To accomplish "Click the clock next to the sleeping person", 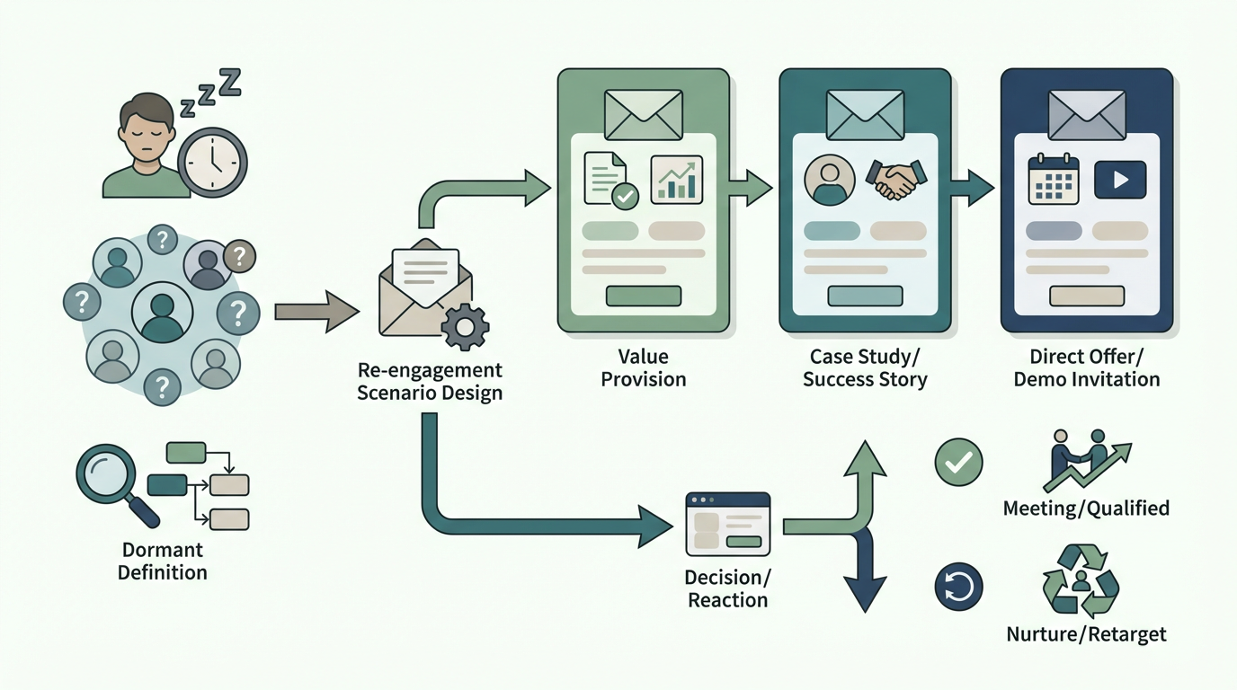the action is point(212,163).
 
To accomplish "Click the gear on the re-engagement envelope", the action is point(465,327).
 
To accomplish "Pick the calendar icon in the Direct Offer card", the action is point(1053,180).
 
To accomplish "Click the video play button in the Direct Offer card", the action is point(1120,180).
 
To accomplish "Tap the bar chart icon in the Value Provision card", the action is point(676,180).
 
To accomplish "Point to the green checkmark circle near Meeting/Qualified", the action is point(958,462).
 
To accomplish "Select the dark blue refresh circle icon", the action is point(958,586).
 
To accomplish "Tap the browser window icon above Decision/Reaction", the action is point(728,524).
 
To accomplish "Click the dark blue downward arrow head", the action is point(865,594).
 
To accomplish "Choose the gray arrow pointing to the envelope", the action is point(317,312).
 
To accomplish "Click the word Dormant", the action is point(163,550).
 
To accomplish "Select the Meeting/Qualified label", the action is point(1086,508).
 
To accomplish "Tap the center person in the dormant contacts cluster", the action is point(162,313).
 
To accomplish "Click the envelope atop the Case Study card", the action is point(866,115).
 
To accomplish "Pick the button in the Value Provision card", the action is point(644,296).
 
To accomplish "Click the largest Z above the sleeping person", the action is point(231,83).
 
